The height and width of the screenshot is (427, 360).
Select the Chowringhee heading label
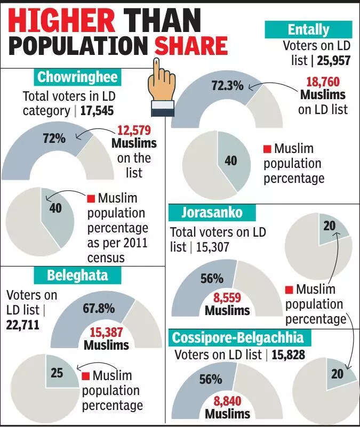pos(77,77)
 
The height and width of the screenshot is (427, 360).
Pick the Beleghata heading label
pos(77,276)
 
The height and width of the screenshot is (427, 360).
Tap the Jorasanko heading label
pos(212,213)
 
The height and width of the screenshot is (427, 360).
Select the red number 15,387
pos(106,332)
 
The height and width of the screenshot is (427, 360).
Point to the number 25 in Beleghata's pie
pos(57,373)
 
